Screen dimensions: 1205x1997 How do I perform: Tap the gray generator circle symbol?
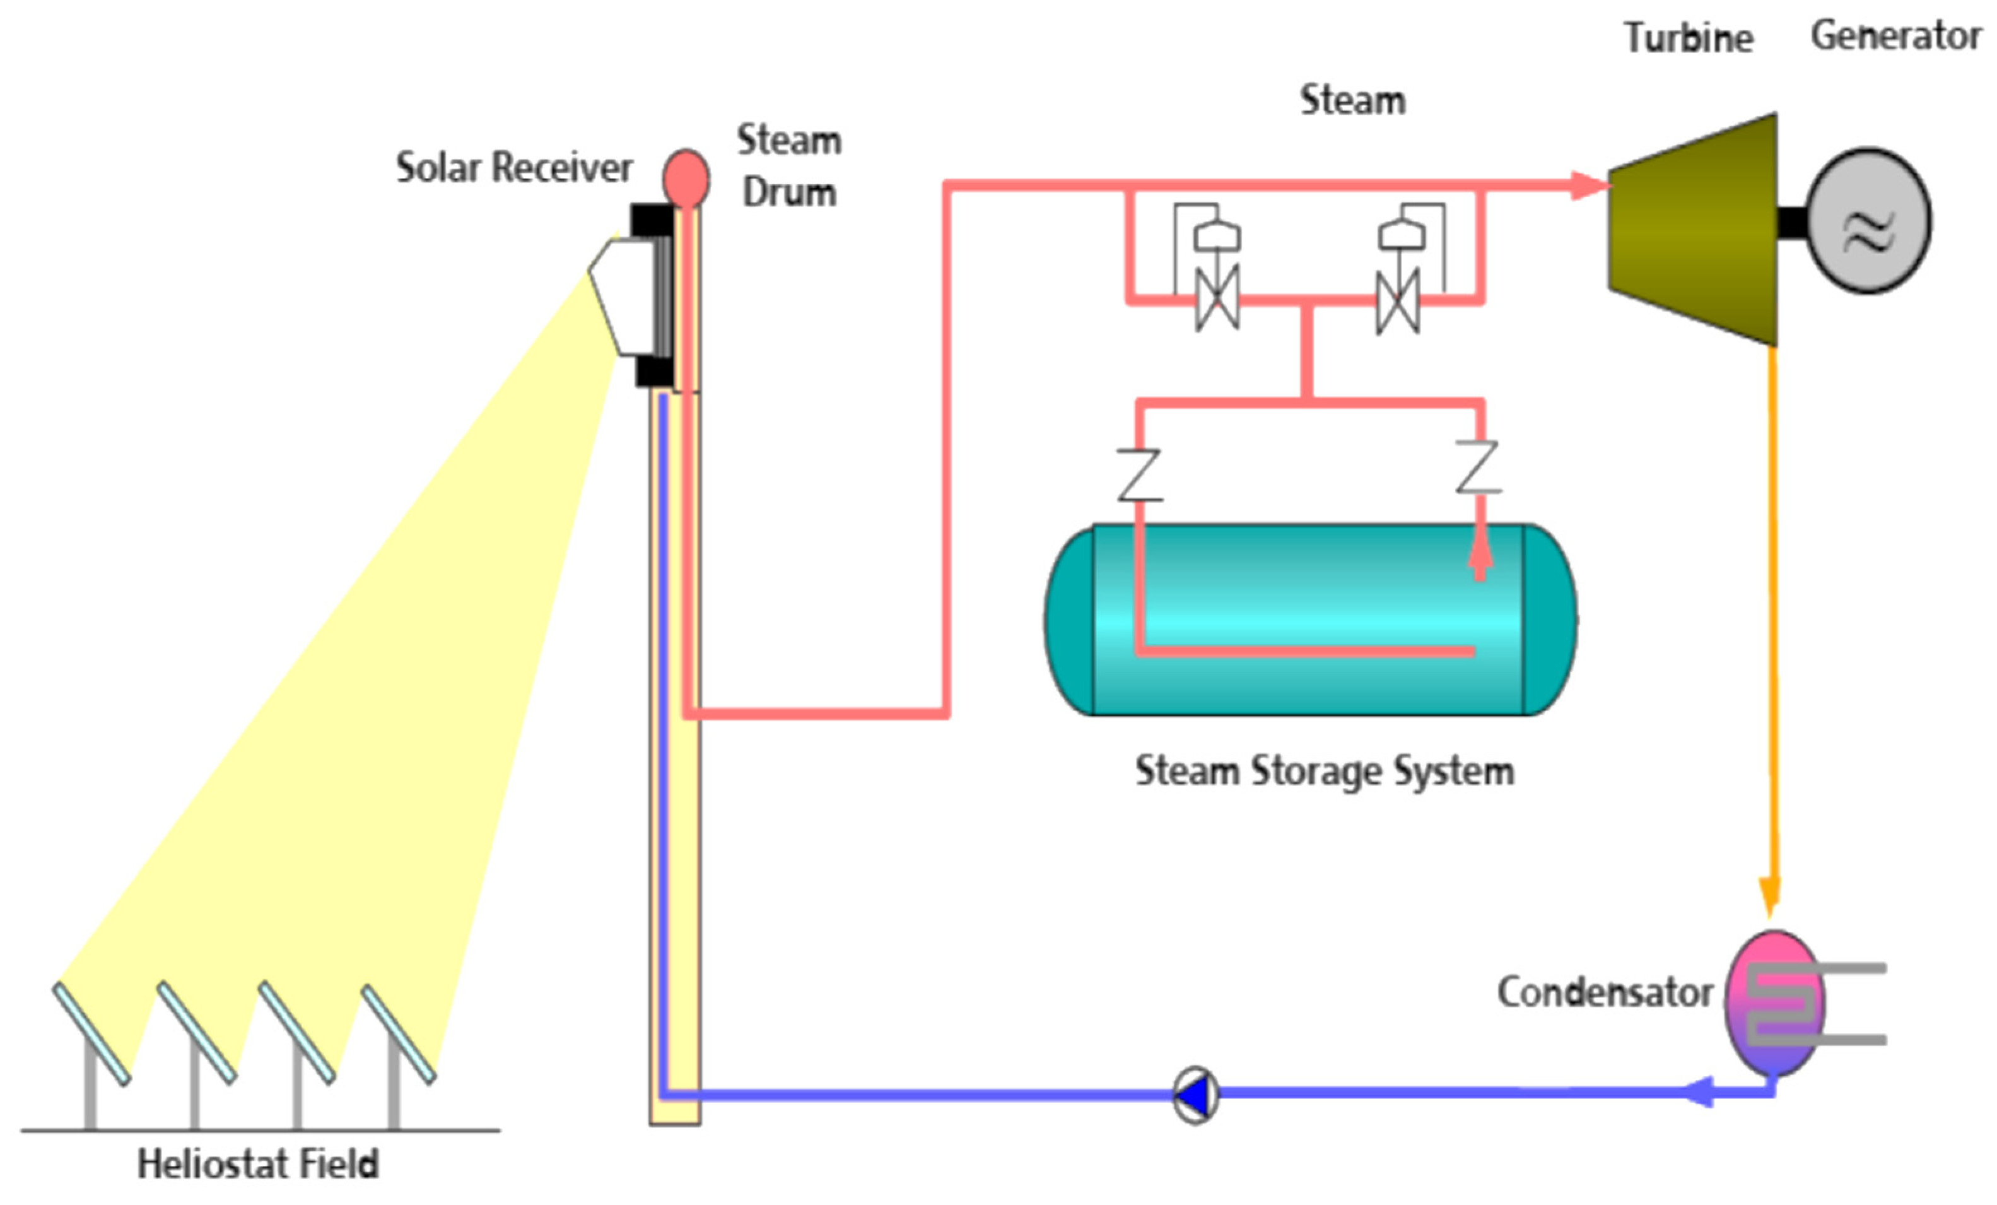(x=1868, y=221)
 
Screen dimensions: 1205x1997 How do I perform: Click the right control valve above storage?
(x=1398, y=301)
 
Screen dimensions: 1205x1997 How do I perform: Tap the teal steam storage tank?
(x=1309, y=620)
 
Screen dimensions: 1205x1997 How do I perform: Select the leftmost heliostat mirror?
(x=91, y=1033)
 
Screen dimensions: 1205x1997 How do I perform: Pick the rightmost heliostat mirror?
(x=399, y=1034)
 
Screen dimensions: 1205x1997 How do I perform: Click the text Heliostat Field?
(x=258, y=1165)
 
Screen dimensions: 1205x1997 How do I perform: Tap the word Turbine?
(x=1688, y=38)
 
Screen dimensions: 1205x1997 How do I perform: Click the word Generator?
(x=1895, y=36)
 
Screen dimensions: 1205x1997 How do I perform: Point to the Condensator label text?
(x=1605, y=992)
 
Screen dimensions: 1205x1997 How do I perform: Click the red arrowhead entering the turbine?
(x=1588, y=185)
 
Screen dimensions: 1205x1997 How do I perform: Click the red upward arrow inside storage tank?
(x=1480, y=555)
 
